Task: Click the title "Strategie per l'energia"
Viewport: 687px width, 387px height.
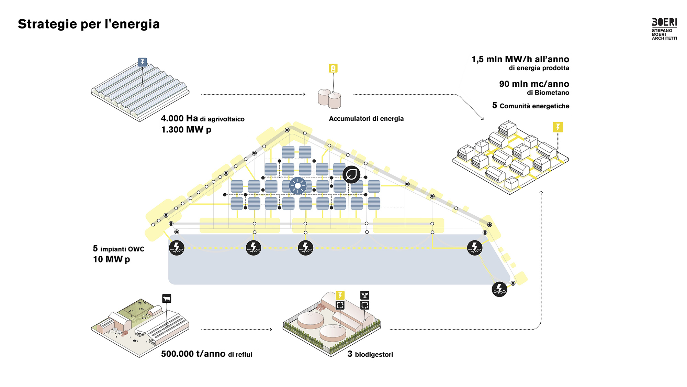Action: point(89,24)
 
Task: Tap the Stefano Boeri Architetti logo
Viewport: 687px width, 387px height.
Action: point(664,29)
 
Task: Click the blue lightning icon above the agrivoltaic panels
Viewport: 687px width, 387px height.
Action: point(142,62)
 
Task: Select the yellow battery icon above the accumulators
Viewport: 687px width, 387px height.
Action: point(333,68)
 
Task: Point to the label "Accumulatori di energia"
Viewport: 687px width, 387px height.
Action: point(366,119)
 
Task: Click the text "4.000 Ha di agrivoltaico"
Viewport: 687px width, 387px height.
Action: point(203,119)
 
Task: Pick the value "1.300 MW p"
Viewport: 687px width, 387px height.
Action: point(186,130)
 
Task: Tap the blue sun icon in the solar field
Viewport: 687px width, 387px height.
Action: point(297,186)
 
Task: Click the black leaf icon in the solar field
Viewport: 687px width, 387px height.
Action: point(351,174)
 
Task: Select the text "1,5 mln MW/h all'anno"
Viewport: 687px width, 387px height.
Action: point(520,60)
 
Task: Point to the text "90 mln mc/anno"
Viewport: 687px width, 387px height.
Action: point(534,84)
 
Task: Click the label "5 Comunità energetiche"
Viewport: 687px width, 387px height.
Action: point(531,106)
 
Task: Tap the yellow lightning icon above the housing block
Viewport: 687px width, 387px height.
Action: point(558,127)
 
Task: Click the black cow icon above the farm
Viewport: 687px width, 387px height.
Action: point(167,299)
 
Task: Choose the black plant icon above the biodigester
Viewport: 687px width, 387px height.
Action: point(364,295)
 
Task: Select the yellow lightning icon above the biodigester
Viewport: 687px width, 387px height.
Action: point(340,295)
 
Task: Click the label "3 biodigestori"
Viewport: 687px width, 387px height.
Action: point(370,354)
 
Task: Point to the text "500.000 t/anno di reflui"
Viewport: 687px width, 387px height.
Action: point(206,354)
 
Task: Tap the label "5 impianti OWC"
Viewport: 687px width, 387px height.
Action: point(119,249)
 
